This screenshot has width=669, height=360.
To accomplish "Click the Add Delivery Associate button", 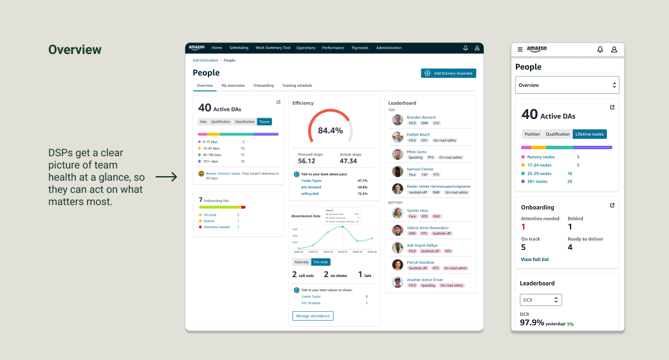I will pos(448,73).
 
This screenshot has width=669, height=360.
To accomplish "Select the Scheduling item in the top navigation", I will pos(239,48).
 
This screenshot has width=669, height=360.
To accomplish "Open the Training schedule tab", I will pos(297,85).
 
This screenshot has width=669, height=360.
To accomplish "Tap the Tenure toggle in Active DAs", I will pos(264,122).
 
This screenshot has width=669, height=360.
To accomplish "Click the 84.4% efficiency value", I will pos(331,130).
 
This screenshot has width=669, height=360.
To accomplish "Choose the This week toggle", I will pos(320,262).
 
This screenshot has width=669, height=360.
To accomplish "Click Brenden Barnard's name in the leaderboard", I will pos(421,118).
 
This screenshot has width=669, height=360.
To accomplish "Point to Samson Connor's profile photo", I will pos(398,172).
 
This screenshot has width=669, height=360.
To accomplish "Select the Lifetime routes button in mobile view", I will pos(590,134).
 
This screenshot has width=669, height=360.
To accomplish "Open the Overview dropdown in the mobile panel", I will pos(567,85).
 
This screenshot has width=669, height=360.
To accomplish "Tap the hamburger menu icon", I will pos(520,50).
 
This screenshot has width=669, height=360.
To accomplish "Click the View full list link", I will pos(535,259).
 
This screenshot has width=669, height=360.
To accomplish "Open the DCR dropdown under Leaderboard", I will pos(540,300).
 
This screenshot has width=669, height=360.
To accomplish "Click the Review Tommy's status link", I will pos(223,174).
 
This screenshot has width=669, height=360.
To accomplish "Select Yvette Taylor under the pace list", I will pos(311,181).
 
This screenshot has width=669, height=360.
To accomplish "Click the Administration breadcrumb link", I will pos(205,60).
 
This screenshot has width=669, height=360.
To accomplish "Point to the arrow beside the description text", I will pos(166,177).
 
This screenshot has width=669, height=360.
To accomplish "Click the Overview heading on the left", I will pos(75,50).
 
